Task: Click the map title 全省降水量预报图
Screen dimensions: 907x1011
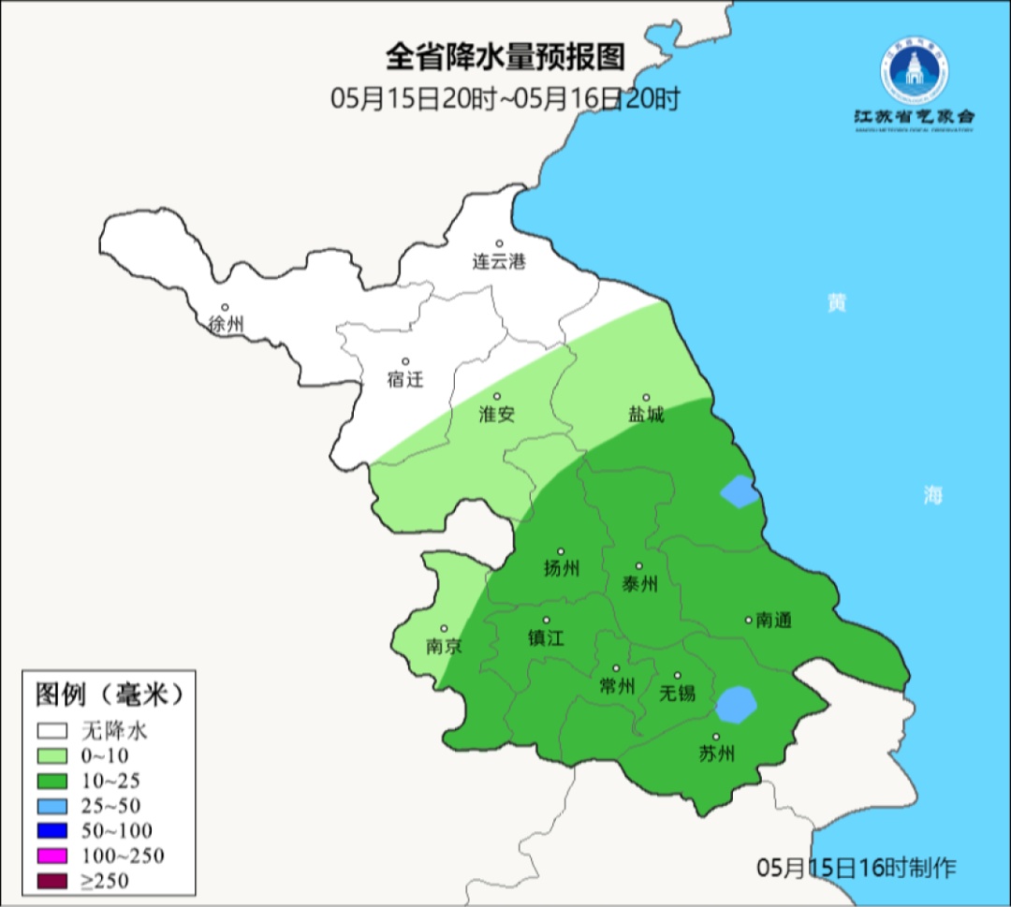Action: pyautogui.click(x=505, y=58)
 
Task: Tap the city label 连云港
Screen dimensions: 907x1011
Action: pyautogui.click(x=499, y=262)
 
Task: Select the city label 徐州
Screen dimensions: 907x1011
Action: pyautogui.click(x=226, y=325)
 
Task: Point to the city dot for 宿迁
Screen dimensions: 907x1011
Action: pyautogui.click(x=405, y=361)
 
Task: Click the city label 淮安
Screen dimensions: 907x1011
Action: pyautogui.click(x=497, y=414)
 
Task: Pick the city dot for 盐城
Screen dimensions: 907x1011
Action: pyautogui.click(x=645, y=397)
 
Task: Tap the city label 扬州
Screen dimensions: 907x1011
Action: pyautogui.click(x=562, y=568)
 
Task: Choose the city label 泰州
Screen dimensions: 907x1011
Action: pyautogui.click(x=639, y=583)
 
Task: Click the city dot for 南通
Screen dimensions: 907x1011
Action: pyautogui.click(x=748, y=619)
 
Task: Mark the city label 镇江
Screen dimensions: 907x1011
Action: pyautogui.click(x=547, y=637)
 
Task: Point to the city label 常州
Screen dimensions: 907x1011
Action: pyautogui.click(x=616, y=686)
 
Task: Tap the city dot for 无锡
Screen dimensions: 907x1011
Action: pyautogui.click(x=678, y=676)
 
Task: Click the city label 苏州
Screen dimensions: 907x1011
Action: pyautogui.click(x=716, y=753)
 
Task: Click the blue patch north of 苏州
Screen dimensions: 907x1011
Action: pyautogui.click(x=737, y=704)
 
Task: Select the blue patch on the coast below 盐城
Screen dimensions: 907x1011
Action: pyautogui.click(x=740, y=491)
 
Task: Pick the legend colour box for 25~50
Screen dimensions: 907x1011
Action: pyautogui.click(x=53, y=805)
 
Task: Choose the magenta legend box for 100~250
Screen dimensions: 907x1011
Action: pyautogui.click(x=53, y=855)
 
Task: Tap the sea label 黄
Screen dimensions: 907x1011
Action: pyautogui.click(x=836, y=302)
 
